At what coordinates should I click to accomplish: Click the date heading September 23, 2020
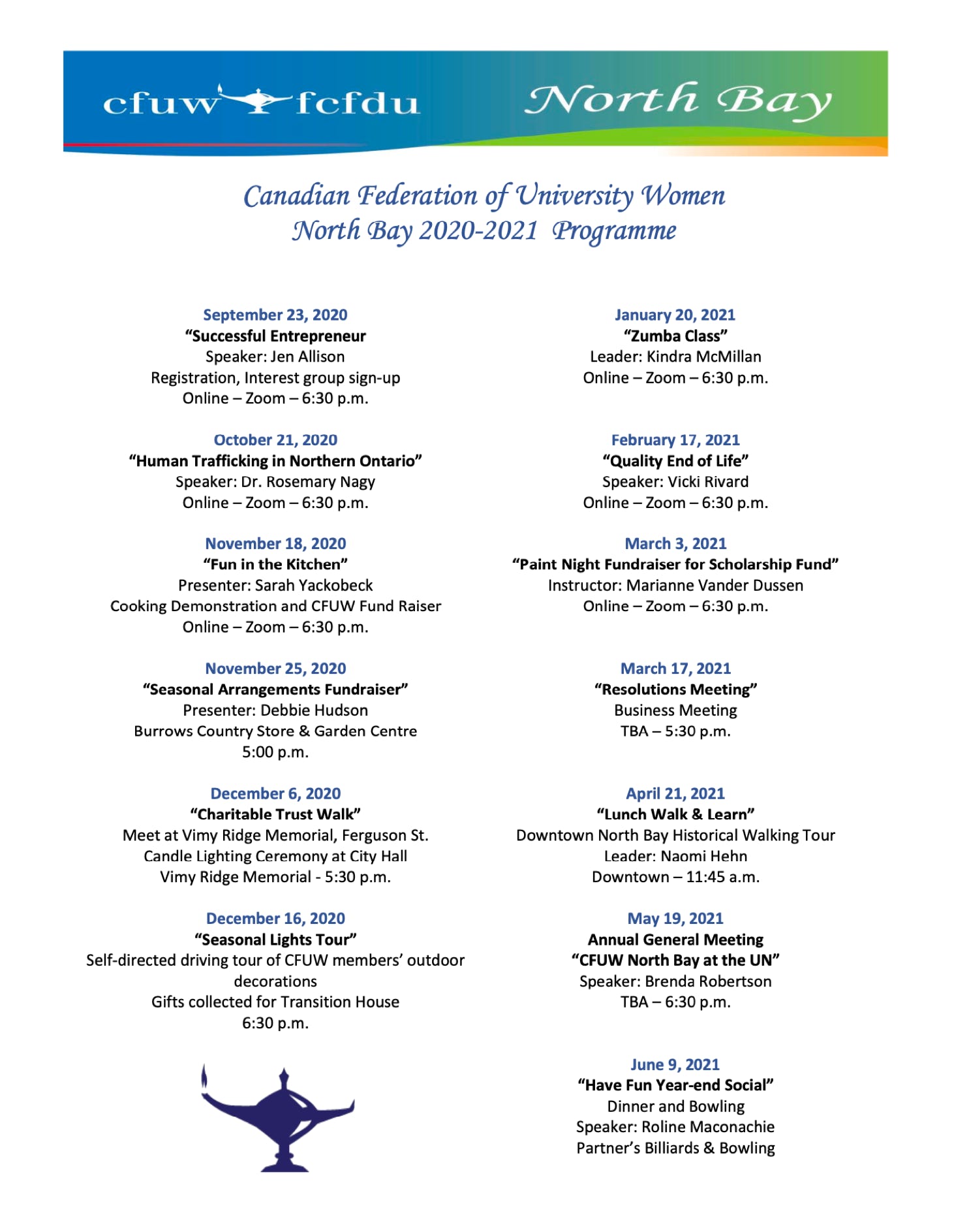point(275,315)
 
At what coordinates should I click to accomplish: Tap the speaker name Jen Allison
point(307,357)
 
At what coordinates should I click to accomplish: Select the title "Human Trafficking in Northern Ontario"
point(275,461)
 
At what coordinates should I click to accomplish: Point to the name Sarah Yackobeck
point(313,585)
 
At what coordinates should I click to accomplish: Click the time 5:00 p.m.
point(275,752)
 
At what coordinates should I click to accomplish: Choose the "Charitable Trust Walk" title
point(275,814)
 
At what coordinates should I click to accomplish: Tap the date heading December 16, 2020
point(275,918)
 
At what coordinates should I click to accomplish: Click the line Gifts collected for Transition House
point(275,1002)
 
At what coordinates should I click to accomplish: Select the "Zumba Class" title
point(675,336)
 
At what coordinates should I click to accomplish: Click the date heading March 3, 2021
point(675,543)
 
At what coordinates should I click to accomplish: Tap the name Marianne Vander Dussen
point(715,585)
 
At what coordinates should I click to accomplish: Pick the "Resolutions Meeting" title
point(675,689)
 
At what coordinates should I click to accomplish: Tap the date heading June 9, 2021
point(675,1064)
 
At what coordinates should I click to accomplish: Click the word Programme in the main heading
point(614,230)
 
